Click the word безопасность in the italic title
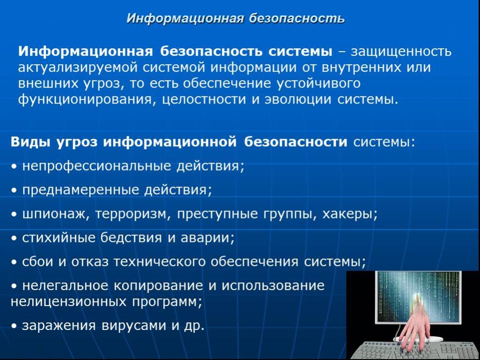tap(296, 19)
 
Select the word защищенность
tap(401, 52)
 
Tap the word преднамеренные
tap(81, 190)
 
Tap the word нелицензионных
tap(68, 302)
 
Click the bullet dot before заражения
tap(14, 327)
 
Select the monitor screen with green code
tap(418, 296)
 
